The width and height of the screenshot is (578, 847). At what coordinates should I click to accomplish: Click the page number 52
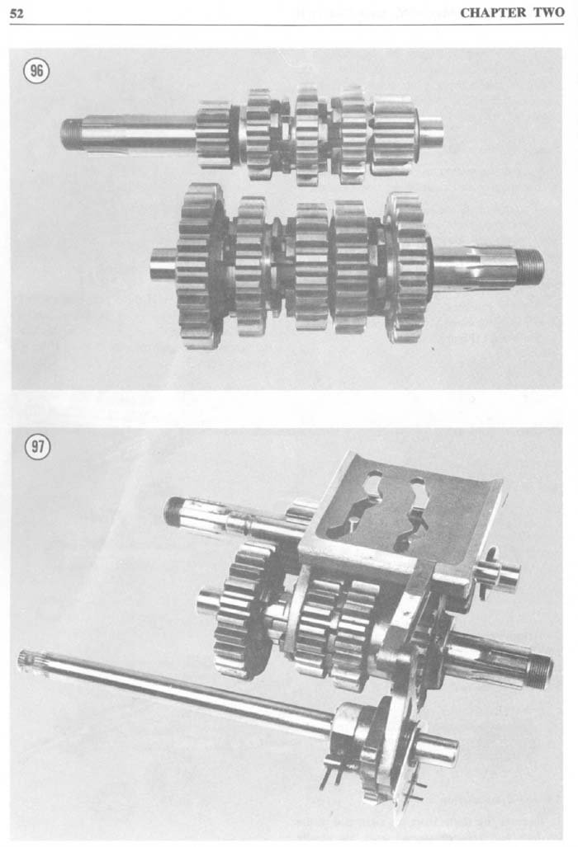click(x=17, y=13)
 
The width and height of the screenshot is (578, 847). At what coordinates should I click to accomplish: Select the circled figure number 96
click(x=36, y=71)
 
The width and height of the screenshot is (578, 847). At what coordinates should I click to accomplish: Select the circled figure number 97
click(x=37, y=447)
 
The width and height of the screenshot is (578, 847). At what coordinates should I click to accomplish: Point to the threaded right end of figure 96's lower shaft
click(x=529, y=268)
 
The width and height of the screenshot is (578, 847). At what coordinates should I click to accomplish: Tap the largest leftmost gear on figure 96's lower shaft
click(x=201, y=265)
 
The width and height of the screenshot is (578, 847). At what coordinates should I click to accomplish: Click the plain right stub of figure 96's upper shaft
click(x=431, y=133)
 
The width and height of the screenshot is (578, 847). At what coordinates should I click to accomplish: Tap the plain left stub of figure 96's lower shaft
click(x=163, y=264)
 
